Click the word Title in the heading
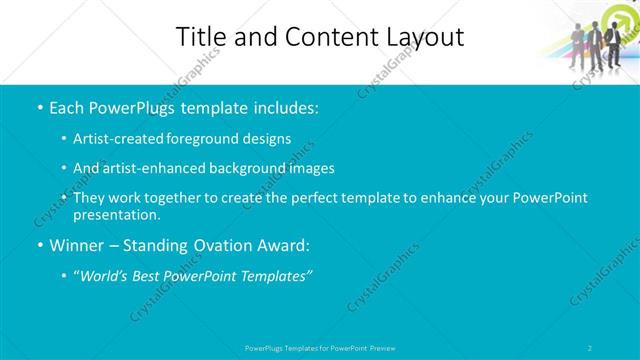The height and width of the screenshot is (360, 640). pyautogui.click(x=201, y=38)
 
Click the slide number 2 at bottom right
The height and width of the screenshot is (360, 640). pyautogui.click(x=591, y=347)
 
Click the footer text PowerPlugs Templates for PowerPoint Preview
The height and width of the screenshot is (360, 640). pyautogui.click(x=320, y=347)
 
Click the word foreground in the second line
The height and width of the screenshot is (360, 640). pyautogui.click(x=209, y=138)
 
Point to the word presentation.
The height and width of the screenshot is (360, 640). pyautogui.click(x=116, y=215)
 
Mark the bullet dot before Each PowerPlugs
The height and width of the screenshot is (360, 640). pyautogui.click(x=39, y=106)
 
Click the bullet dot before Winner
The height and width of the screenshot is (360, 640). pyautogui.click(x=39, y=245)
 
